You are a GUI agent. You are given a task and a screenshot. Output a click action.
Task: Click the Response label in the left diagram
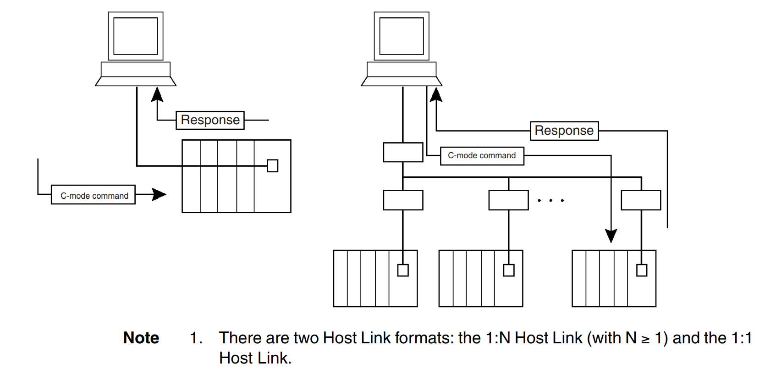tap(210, 120)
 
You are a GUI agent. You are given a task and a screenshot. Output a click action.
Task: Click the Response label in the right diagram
tap(564, 131)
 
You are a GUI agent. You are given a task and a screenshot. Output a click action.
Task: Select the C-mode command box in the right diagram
tap(482, 156)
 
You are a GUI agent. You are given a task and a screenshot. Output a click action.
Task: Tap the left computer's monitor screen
tap(136, 36)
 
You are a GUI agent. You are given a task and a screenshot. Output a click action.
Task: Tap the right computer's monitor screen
tap(402, 36)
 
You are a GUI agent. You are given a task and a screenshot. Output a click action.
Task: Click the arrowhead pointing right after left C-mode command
tap(159, 194)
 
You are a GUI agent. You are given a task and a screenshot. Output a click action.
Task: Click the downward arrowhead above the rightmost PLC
tap(611, 236)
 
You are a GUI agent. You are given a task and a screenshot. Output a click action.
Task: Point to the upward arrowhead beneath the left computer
tap(157, 94)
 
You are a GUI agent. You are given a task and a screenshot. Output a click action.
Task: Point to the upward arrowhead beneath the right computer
tap(436, 94)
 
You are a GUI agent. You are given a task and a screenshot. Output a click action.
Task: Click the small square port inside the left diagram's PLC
tap(272, 166)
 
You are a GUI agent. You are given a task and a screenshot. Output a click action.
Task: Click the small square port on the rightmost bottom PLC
tap(641, 270)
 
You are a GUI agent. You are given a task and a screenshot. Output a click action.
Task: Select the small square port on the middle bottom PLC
tap(508, 270)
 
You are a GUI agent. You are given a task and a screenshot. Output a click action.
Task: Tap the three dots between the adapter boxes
tap(550, 200)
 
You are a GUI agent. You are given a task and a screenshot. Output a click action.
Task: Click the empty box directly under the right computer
tap(403, 152)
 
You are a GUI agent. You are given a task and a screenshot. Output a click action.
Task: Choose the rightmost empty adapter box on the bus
tap(640, 200)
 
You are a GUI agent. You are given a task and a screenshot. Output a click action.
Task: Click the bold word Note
tap(141, 338)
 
